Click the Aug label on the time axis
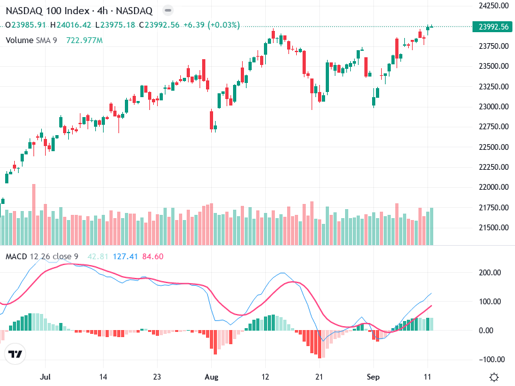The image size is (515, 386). pyautogui.click(x=212, y=376)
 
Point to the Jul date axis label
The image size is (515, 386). pyautogui.click(x=45, y=376)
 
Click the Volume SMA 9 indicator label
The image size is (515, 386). pyautogui.click(x=32, y=40)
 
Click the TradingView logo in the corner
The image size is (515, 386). pyautogui.click(x=15, y=354)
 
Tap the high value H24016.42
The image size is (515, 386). pyautogui.click(x=70, y=25)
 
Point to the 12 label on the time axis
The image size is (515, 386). pyautogui.click(x=266, y=376)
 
